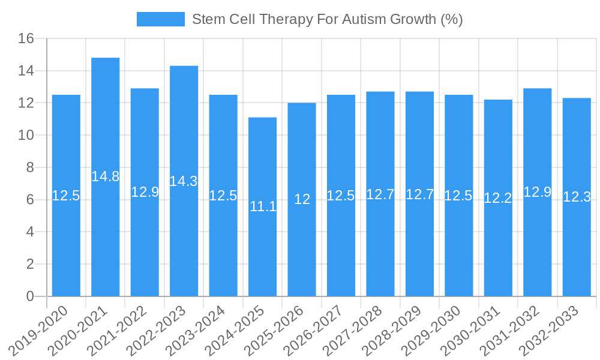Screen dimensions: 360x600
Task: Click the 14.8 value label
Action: pyautogui.click(x=106, y=176)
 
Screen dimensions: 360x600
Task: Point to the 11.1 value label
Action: pyautogui.click(x=263, y=207)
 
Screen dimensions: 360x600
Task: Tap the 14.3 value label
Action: pyautogui.click(x=184, y=181)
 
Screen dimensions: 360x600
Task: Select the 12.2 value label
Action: pyautogui.click(x=498, y=199)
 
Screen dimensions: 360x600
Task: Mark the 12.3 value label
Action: pyautogui.click(x=577, y=197)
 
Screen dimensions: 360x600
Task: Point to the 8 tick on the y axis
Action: pyautogui.click(x=30, y=168)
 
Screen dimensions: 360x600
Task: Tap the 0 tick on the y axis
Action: pyautogui.click(x=30, y=296)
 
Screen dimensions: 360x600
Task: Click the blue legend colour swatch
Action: pyautogui.click(x=160, y=19)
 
